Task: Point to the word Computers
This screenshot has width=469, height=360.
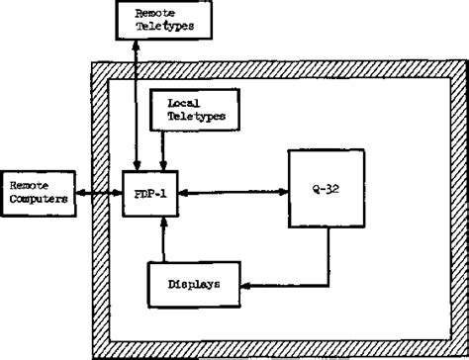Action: pyautogui.click(x=36, y=196)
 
